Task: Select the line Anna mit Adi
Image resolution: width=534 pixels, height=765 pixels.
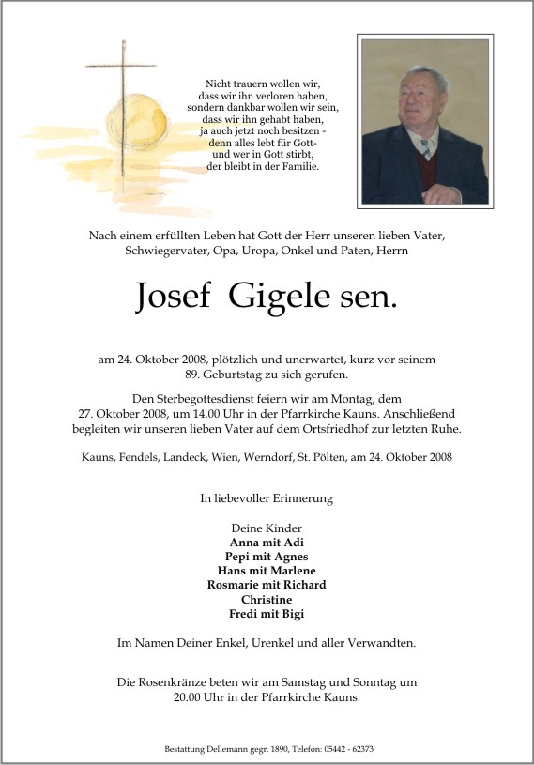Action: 267,542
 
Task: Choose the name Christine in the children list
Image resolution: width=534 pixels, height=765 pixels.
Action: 267,599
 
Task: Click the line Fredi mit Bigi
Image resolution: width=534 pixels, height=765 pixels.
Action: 267,613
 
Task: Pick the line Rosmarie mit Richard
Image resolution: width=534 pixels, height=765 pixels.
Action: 267,585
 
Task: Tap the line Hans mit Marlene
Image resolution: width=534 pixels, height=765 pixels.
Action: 267,571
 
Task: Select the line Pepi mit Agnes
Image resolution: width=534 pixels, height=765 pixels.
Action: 267,556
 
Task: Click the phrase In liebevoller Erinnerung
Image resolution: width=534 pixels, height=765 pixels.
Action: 267,498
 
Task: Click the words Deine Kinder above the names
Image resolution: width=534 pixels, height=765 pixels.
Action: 267,528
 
